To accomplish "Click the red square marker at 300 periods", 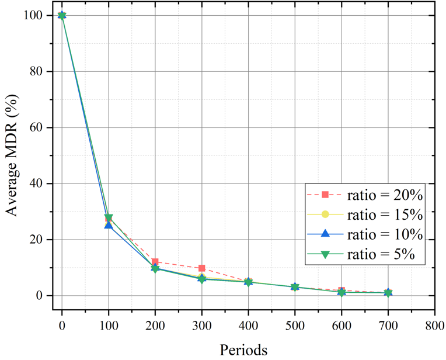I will pyautogui.click(x=201, y=268).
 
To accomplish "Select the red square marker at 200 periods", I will pyautogui.click(x=155, y=262).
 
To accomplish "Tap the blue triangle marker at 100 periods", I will pyautogui.click(x=109, y=224).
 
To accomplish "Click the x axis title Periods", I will pyautogui.click(x=244, y=349).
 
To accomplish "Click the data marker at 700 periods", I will pyautogui.click(x=388, y=292).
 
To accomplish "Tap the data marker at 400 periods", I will pyautogui.click(x=248, y=282).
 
